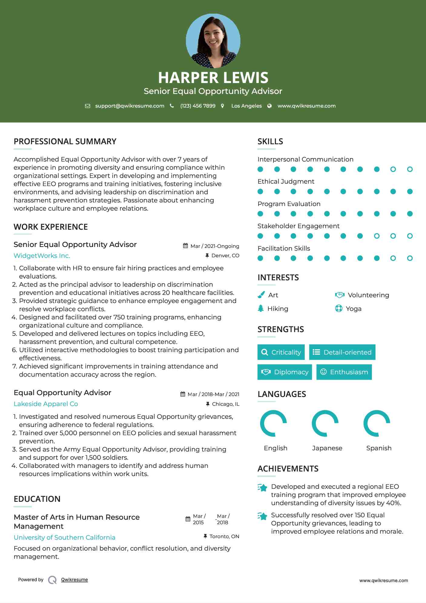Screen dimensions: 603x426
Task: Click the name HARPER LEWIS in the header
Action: coord(213,78)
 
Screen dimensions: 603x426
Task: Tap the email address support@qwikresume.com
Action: coord(130,106)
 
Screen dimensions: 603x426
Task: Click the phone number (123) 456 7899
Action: coord(198,106)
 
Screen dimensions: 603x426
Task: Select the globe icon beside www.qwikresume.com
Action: coord(269,106)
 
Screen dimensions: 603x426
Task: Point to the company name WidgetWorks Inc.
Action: coord(42,256)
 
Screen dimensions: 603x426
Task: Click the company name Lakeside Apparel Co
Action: coord(46,404)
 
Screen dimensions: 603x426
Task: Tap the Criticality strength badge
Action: coord(281,352)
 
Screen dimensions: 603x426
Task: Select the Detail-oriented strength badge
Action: coord(342,352)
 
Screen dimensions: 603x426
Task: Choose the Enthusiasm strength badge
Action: coord(344,372)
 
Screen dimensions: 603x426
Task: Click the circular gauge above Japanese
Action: coord(325,423)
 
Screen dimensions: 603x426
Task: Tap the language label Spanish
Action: coord(379,448)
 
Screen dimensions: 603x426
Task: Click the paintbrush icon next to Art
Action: coord(261,295)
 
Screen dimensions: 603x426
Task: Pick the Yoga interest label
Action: coord(354,309)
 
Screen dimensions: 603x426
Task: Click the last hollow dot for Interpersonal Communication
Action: coord(410,169)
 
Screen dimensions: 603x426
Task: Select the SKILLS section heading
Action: coord(270,142)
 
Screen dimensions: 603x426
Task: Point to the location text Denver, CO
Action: coord(225,256)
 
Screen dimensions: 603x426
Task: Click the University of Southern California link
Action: coord(64,538)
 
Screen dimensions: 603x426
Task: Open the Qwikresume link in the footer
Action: coord(74,580)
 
